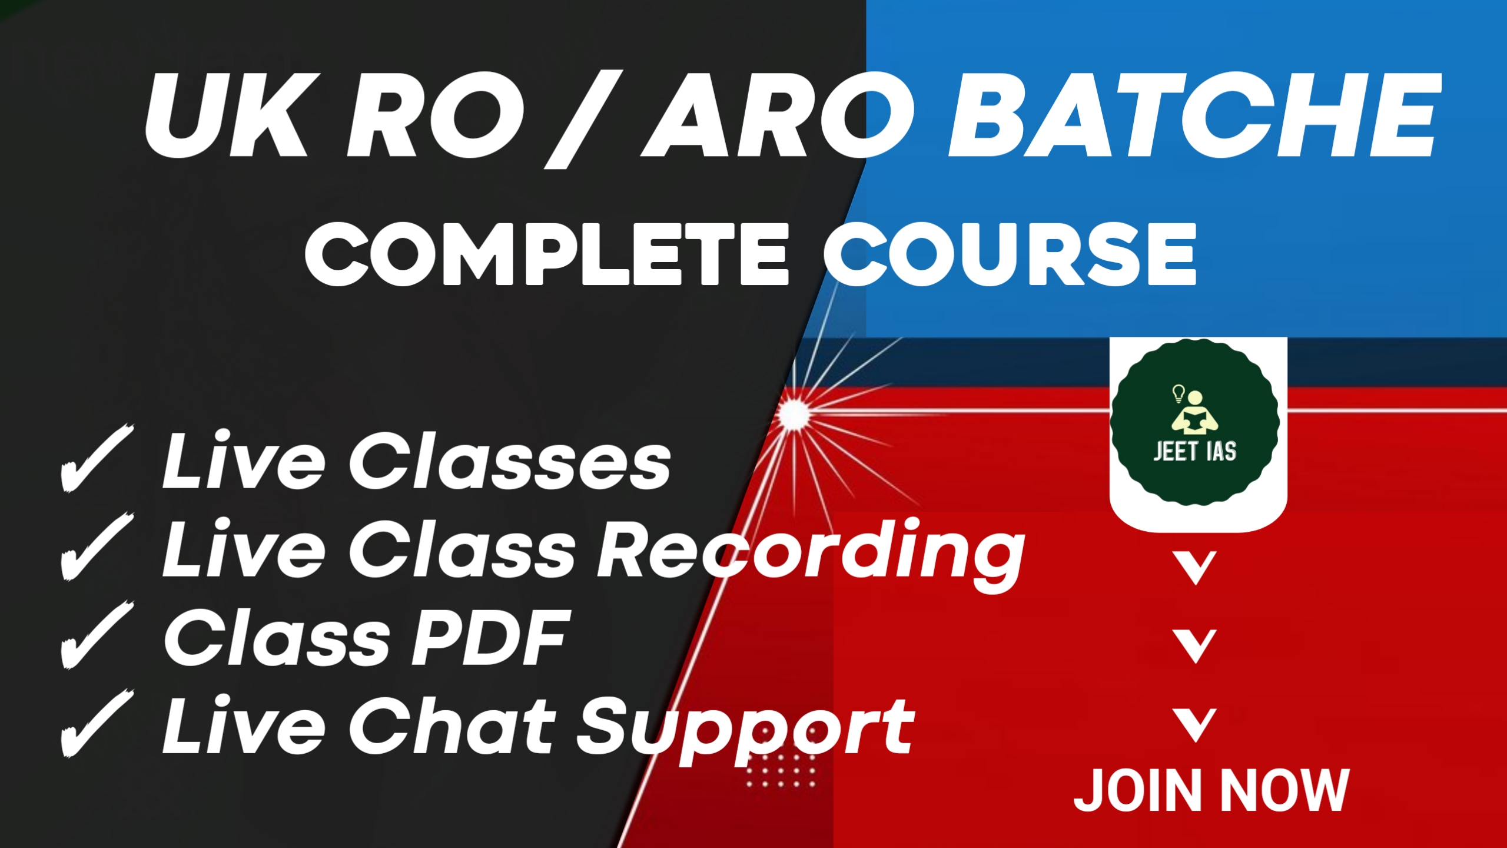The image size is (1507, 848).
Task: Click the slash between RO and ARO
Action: click(x=583, y=120)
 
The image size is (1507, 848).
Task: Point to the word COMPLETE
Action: click(x=547, y=254)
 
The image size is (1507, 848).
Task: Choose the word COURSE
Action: click(x=1010, y=254)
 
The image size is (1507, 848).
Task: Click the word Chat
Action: click(x=453, y=725)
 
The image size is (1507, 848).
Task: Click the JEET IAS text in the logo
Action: click(x=1195, y=452)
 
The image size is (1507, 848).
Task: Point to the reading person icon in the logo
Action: click(x=1195, y=412)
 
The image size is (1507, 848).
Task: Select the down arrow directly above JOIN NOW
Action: click(x=1196, y=724)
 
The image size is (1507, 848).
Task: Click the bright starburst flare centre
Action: click(x=794, y=414)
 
